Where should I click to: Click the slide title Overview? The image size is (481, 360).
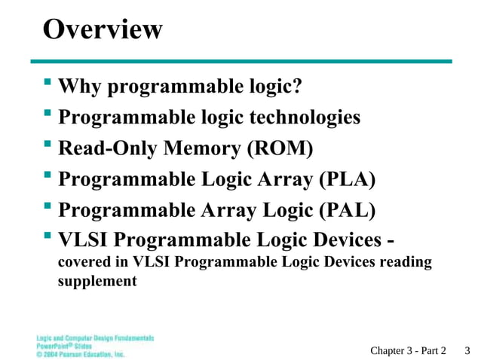point(103,30)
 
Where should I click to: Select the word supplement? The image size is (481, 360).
point(97,281)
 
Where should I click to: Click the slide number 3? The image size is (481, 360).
point(467,349)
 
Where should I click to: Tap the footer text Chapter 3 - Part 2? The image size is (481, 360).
point(408,349)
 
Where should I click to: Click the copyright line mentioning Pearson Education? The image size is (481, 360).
point(80,353)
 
